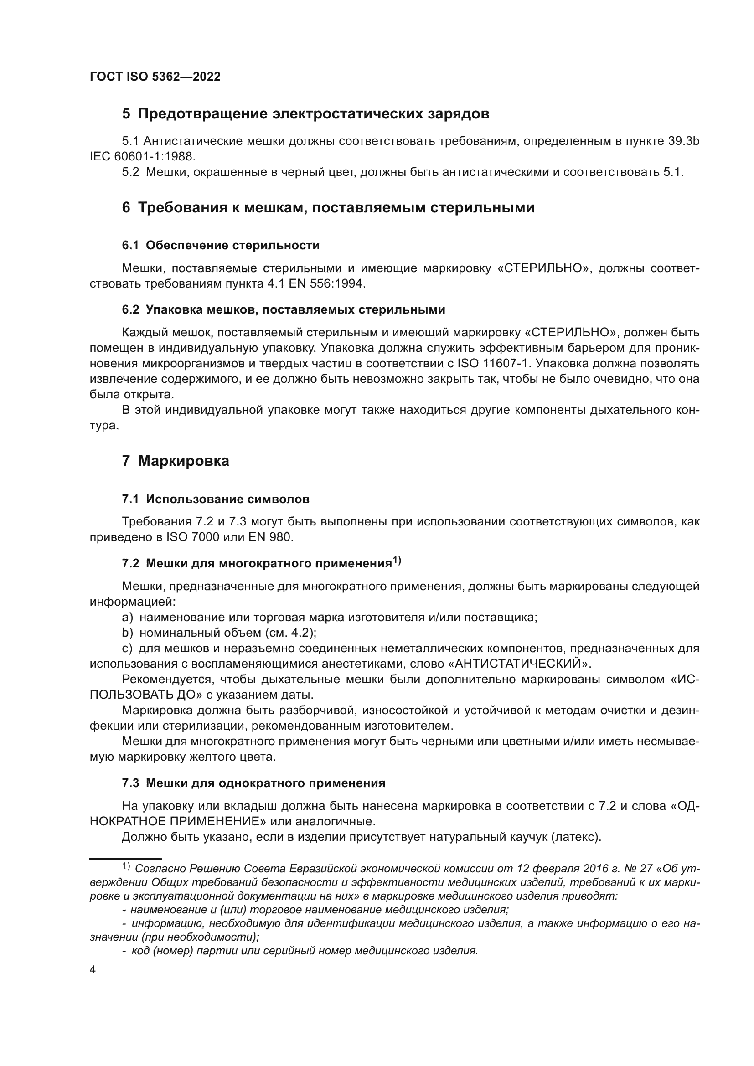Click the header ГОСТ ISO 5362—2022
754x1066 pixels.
click(155, 77)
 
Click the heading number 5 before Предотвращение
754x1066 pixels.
click(126, 114)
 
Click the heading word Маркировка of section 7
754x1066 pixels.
click(183, 461)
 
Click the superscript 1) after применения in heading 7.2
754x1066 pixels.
click(397, 561)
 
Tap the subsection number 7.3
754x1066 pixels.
click(130, 783)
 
